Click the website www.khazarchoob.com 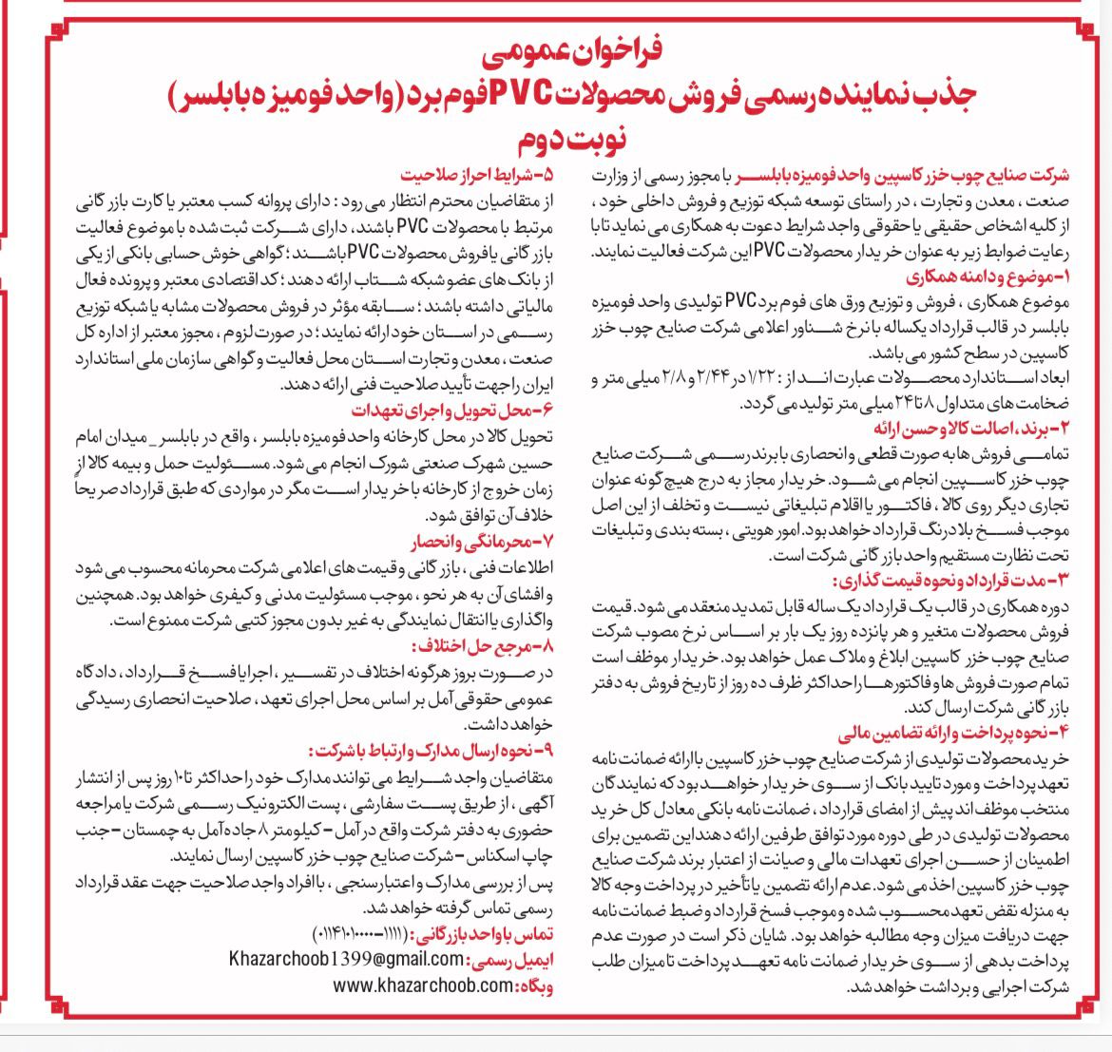[x=422, y=986]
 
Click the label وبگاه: [x=536, y=986]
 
